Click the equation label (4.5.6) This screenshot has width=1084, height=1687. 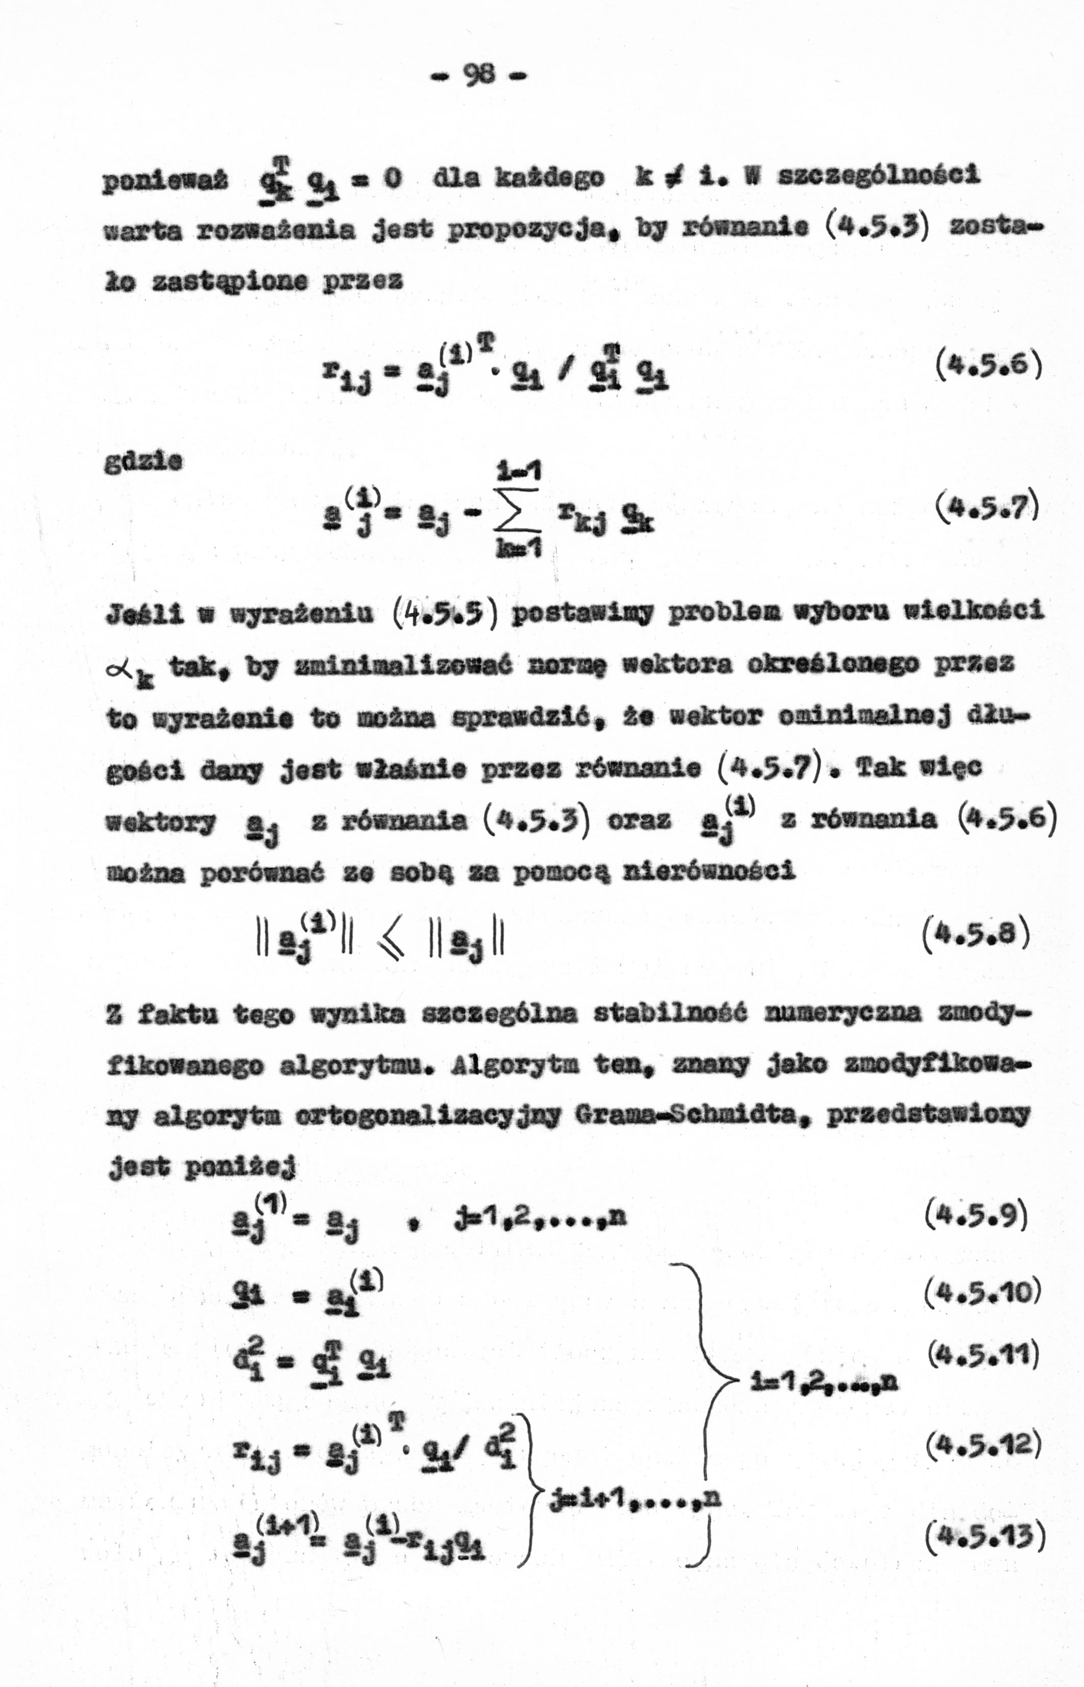[988, 365]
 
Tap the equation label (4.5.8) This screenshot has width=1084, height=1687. [975, 933]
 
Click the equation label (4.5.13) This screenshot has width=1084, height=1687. [984, 1535]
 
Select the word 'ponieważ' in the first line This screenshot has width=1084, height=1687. [165, 180]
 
